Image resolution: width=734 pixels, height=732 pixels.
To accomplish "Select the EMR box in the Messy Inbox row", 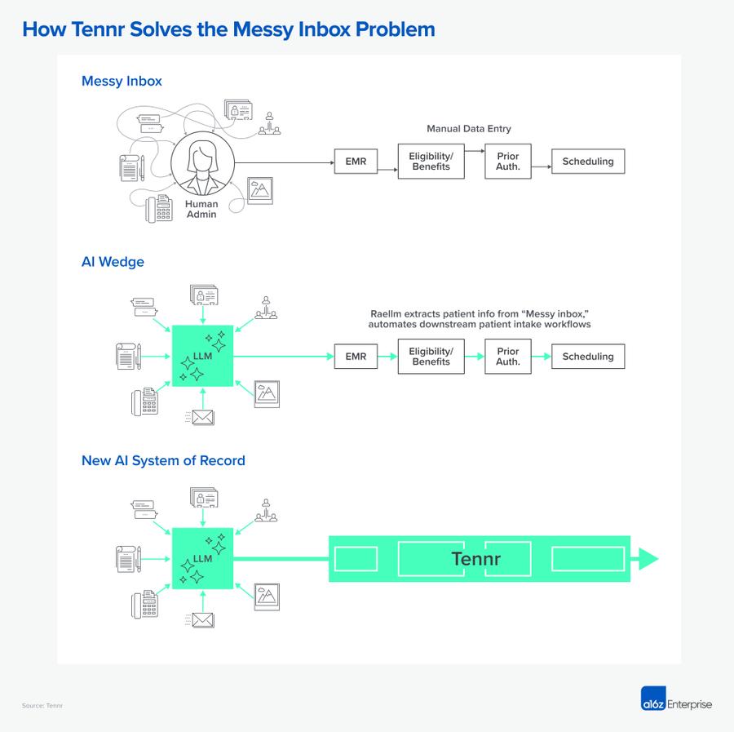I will pyautogui.click(x=356, y=162).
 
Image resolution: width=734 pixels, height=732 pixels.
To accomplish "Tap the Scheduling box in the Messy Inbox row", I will pyautogui.click(x=587, y=162).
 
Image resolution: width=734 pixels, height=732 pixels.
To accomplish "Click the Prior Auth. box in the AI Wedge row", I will pyautogui.click(x=508, y=357).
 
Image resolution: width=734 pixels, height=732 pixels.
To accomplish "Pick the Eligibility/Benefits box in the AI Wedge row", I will pyautogui.click(x=431, y=357).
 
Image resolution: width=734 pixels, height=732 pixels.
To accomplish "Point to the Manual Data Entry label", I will pyautogui.click(x=468, y=129).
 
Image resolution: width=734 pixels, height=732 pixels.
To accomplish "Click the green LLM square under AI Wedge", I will pyautogui.click(x=202, y=356).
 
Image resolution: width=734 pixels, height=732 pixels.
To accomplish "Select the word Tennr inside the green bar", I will pyautogui.click(x=475, y=559).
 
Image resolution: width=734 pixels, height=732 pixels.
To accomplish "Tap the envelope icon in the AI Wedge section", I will pyautogui.click(x=201, y=418).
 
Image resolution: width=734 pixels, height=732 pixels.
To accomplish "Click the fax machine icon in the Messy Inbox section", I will pyautogui.click(x=159, y=209).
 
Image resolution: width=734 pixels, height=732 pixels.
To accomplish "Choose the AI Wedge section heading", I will pyautogui.click(x=113, y=262).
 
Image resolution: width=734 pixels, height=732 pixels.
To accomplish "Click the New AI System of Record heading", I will pyautogui.click(x=163, y=460).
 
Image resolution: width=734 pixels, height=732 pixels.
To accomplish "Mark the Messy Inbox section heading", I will pyautogui.click(x=122, y=81).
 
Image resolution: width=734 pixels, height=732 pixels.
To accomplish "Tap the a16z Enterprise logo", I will pyautogui.click(x=676, y=703).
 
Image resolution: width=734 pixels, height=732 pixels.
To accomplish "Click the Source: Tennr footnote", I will pyautogui.click(x=42, y=705).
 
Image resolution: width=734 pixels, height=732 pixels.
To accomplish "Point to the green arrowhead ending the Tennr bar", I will pyautogui.click(x=648, y=559).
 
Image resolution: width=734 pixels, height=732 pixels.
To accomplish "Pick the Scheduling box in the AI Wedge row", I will pyautogui.click(x=587, y=357).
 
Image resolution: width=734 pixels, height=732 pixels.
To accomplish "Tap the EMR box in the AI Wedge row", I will pyautogui.click(x=356, y=357).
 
